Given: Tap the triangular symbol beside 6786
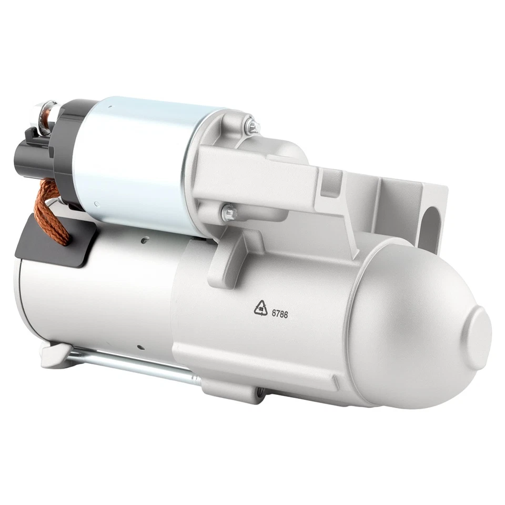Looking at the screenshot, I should (x=260, y=307).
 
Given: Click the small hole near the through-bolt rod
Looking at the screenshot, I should (x=142, y=348).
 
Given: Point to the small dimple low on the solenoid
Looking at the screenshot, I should (x=95, y=204).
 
